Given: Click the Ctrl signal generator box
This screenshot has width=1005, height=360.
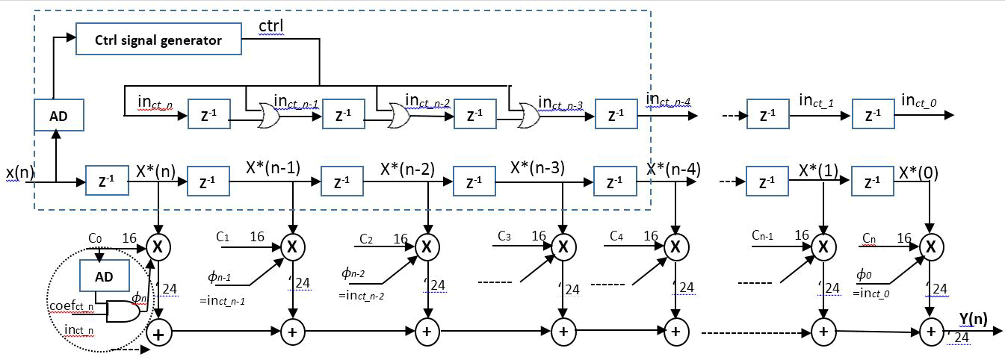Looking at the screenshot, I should click(158, 40).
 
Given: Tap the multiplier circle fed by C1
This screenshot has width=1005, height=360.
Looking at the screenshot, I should click(292, 246).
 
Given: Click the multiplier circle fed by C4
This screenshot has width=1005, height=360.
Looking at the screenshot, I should click(675, 246).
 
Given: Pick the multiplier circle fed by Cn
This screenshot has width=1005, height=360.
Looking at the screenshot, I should click(930, 246).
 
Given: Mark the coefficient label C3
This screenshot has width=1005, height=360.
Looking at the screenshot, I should click(505, 237).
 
